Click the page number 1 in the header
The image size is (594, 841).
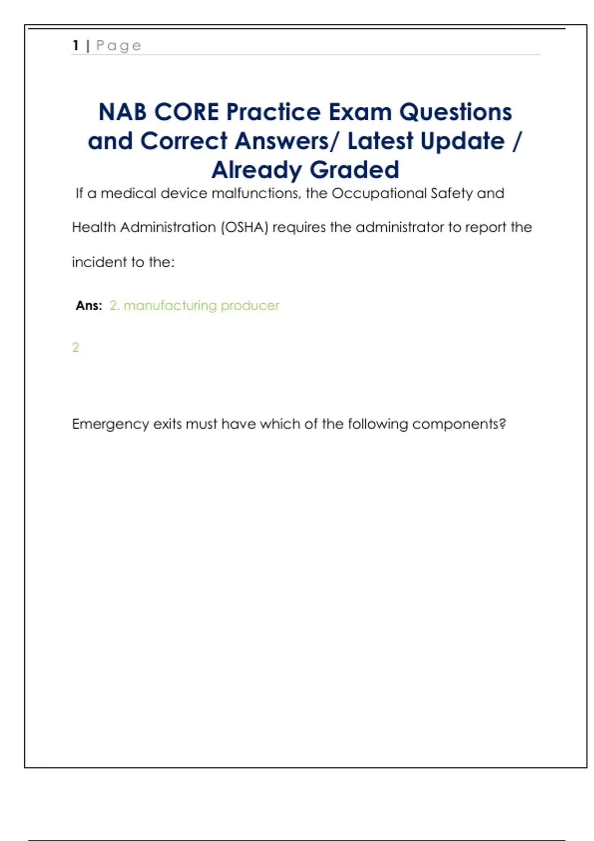point(75,46)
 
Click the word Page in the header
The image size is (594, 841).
point(119,46)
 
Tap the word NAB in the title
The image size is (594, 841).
point(123,112)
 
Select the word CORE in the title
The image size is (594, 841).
point(187,112)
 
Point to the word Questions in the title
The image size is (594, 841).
point(455,112)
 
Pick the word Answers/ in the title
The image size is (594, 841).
point(287,141)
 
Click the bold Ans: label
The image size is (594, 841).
point(89,306)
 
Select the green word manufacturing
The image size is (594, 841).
point(170,306)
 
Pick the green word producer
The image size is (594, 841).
point(250,306)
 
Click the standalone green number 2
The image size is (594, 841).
point(76,348)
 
